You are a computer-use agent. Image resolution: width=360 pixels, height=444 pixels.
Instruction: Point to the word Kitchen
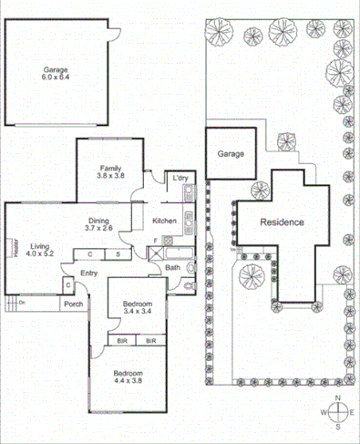(x=164, y=222)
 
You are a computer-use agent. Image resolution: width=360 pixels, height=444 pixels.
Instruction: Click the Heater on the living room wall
(x=15, y=248)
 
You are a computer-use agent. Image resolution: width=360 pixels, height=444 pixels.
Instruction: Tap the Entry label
(x=88, y=273)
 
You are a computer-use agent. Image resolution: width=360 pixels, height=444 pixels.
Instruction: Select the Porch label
(x=74, y=305)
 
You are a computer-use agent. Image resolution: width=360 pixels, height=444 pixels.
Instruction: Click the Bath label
(x=172, y=268)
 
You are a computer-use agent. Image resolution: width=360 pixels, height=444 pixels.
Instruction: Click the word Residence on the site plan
(x=282, y=222)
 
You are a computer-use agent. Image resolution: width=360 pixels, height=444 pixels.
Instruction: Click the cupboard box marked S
(x=118, y=253)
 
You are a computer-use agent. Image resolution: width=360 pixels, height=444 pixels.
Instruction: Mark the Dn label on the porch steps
(x=22, y=302)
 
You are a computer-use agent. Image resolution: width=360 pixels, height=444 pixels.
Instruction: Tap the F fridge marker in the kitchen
(x=156, y=240)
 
